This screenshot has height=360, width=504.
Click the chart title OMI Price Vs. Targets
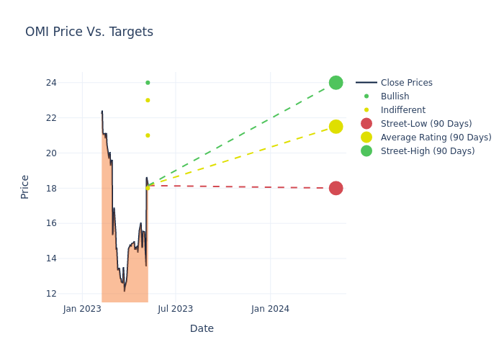tap(89, 32)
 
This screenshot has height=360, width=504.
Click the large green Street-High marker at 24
tap(336, 83)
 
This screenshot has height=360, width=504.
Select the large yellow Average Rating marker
tap(336, 127)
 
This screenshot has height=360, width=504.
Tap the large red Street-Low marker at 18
tap(336, 188)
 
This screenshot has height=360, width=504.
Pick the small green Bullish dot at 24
tap(148, 83)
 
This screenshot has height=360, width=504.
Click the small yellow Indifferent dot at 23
tap(148, 100)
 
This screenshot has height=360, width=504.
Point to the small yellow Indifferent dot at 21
tap(148, 135)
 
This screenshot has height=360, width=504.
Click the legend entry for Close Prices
tap(406, 83)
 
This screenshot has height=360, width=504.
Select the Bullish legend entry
tap(395, 96)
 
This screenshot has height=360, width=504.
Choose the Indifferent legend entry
tap(402, 110)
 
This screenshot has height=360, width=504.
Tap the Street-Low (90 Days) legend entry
tap(426, 124)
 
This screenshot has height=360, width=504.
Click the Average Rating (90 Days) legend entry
tap(436, 138)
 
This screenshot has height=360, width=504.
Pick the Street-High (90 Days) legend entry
tap(428, 151)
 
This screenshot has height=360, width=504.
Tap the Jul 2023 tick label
tap(176, 309)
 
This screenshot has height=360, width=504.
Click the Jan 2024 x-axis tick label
tap(270, 309)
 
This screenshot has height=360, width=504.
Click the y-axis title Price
tap(25, 186)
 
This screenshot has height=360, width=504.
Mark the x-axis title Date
tap(202, 328)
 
